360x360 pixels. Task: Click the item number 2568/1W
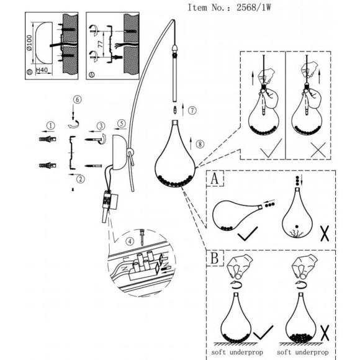pos(254,7)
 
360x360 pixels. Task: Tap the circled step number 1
pos(51,125)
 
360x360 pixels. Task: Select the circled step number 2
pos(80,179)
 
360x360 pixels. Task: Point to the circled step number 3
pos(101,126)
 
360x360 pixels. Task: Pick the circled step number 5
pos(78,99)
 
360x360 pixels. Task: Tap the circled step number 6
pos(192,110)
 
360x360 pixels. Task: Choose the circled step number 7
pos(200,144)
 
